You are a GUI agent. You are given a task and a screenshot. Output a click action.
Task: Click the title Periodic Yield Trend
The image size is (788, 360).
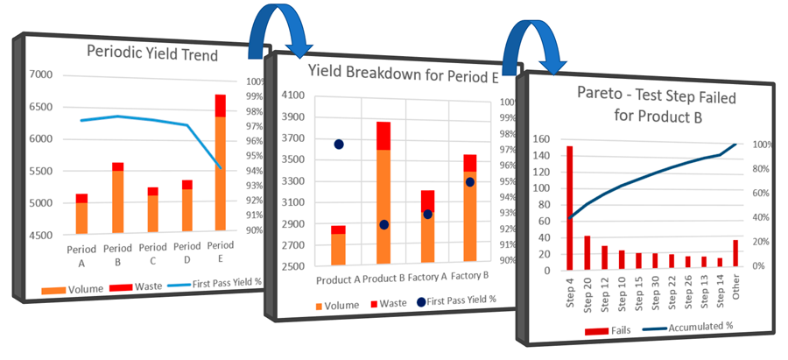pyautogui.click(x=152, y=53)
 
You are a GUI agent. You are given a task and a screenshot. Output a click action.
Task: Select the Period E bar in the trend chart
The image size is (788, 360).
pyautogui.click(x=221, y=166)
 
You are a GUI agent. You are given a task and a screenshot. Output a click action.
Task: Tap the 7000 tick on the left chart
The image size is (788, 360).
pyautogui.click(x=43, y=74)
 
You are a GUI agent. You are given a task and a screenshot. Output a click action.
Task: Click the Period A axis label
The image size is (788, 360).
pyautogui.click(x=81, y=254)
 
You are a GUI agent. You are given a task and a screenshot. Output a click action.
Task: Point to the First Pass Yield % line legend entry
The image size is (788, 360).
pyautogui.click(x=208, y=287)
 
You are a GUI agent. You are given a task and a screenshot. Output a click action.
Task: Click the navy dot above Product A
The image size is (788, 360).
pyautogui.click(x=339, y=145)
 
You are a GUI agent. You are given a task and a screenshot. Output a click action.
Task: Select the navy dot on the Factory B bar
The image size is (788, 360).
pyautogui.click(x=470, y=181)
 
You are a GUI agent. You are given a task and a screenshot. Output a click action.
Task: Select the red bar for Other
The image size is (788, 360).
pyautogui.click(x=735, y=255)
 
